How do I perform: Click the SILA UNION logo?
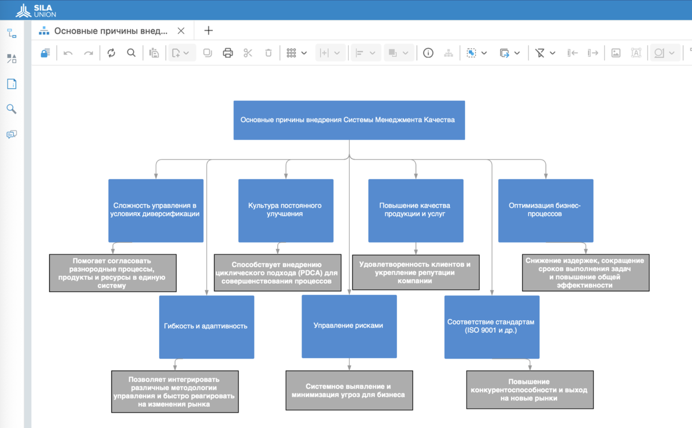pyautogui.click(x=36, y=10)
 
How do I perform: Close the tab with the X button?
pyautogui.click(x=181, y=31)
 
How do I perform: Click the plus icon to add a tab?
pyautogui.click(x=208, y=31)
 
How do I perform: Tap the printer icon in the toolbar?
pyautogui.click(x=228, y=53)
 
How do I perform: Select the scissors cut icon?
pyautogui.click(x=248, y=53)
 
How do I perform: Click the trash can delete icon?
pyautogui.click(x=268, y=53)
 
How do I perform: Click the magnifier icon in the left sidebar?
pyautogui.click(x=12, y=109)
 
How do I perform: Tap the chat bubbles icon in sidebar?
pyautogui.click(x=12, y=134)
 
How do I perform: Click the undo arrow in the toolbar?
pyautogui.click(x=68, y=53)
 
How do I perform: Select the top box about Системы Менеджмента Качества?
pyautogui.click(x=349, y=120)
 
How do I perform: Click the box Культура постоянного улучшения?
pyautogui.click(x=286, y=211)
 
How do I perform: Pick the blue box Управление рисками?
pyautogui.click(x=349, y=326)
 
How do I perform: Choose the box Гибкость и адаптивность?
pyautogui.click(x=207, y=327)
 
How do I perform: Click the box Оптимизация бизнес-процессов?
pyautogui.click(x=545, y=211)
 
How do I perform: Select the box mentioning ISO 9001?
pyautogui.click(x=492, y=327)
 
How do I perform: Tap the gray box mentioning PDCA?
pyautogui.click(x=277, y=273)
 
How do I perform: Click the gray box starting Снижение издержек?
pyautogui.click(x=586, y=273)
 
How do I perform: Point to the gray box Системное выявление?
pyautogui.click(x=349, y=391)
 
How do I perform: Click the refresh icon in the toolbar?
pyautogui.click(x=111, y=53)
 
